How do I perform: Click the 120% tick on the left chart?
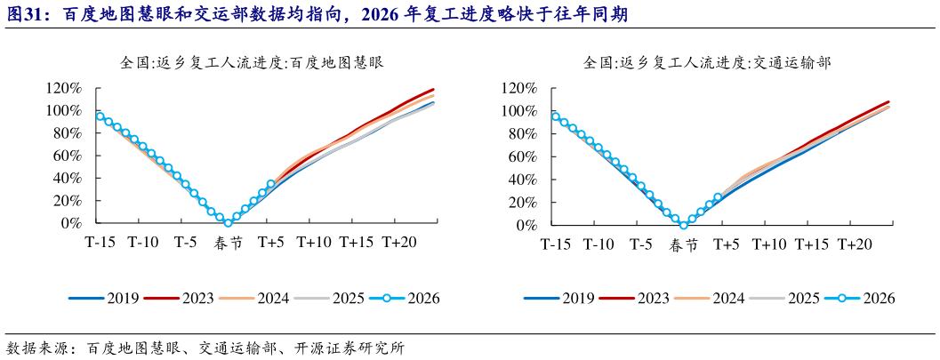pyautogui.click(x=65, y=88)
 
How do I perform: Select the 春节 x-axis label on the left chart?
pyautogui.click(x=228, y=243)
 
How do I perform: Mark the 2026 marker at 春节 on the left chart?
pyautogui.click(x=229, y=222)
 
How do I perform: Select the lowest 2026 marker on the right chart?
pyautogui.click(x=683, y=225)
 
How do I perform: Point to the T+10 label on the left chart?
pyautogui.click(x=314, y=242)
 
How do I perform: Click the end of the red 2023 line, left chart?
pyautogui.click(x=433, y=90)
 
